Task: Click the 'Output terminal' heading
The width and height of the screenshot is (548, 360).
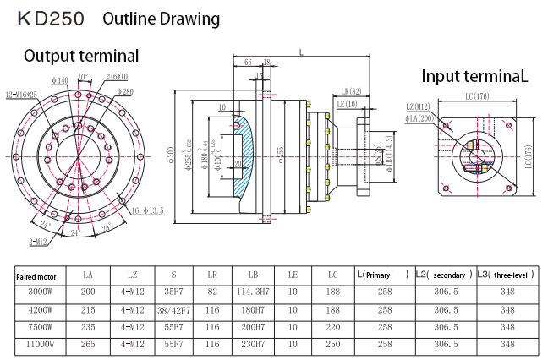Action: point(81,57)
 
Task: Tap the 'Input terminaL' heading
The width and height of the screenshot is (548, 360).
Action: point(474,76)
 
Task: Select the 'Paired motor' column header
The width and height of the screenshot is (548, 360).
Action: point(37,275)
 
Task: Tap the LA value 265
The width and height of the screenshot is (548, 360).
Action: point(88,345)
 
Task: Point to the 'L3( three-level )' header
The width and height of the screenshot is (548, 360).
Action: point(507,275)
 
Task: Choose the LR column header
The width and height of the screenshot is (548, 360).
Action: point(212,275)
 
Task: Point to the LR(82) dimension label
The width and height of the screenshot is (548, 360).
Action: point(350,90)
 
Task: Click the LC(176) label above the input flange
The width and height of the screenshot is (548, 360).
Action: point(476,96)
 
